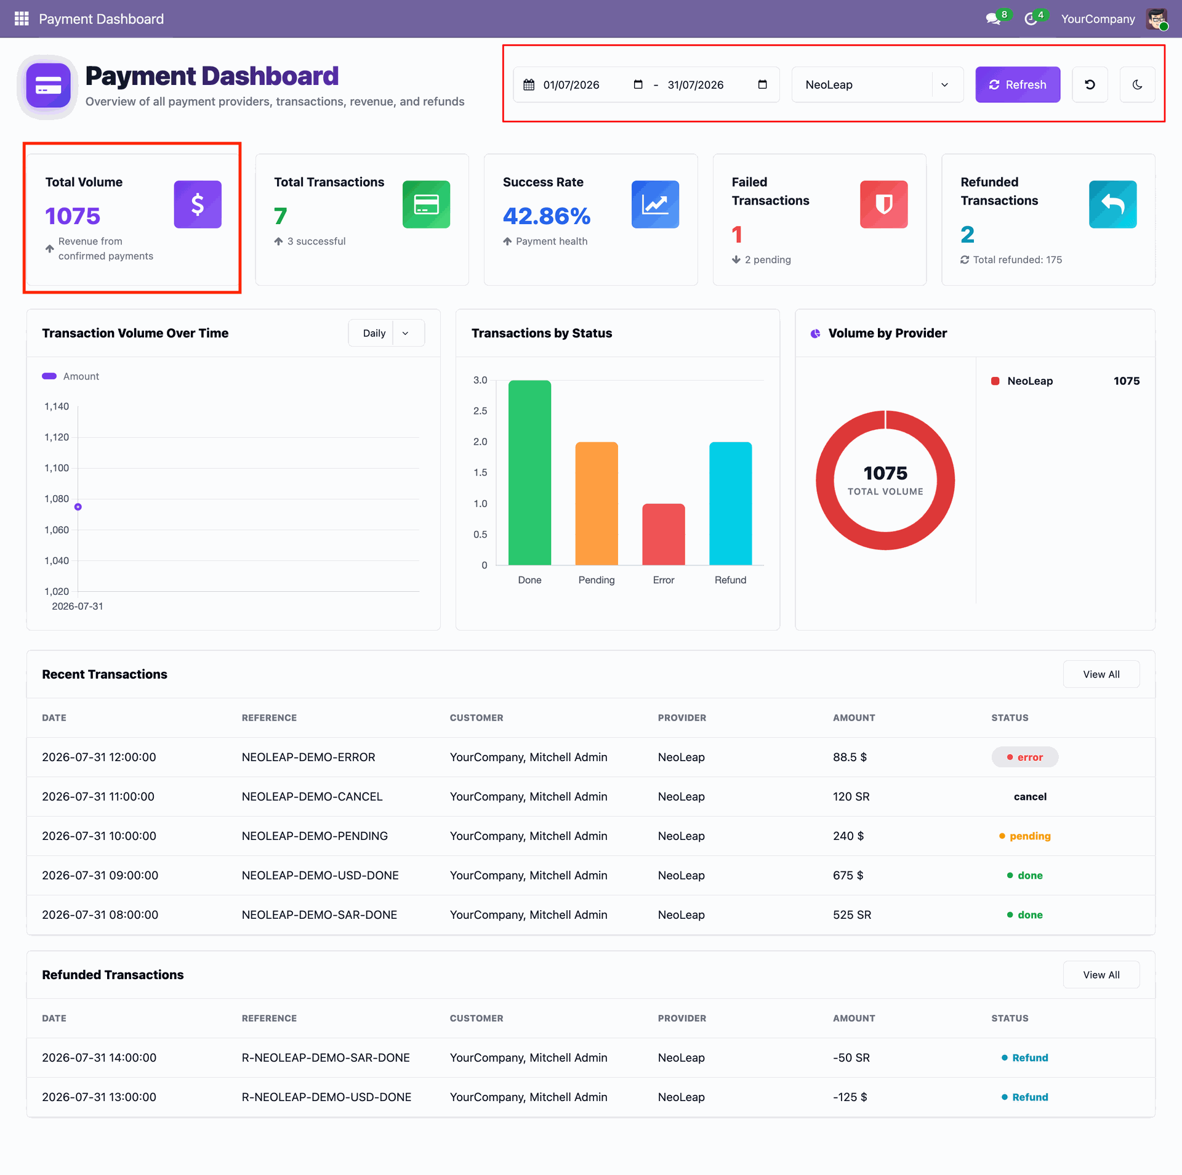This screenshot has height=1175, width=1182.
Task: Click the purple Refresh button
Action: click(1018, 84)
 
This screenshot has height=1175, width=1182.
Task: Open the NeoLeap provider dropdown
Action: click(877, 84)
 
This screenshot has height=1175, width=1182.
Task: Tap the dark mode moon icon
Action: click(1137, 84)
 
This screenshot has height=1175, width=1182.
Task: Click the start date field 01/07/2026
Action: click(571, 85)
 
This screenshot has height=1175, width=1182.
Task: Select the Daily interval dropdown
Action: click(386, 333)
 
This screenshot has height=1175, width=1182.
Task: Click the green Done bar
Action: click(529, 472)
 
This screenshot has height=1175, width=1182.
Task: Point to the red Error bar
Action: click(664, 534)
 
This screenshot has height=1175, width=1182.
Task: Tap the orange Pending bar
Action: click(597, 503)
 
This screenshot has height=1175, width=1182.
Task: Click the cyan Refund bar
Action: click(731, 503)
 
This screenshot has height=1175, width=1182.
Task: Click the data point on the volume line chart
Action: click(78, 507)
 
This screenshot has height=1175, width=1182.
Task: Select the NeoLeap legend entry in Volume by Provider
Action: click(1030, 381)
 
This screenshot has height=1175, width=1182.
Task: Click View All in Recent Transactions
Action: click(1101, 674)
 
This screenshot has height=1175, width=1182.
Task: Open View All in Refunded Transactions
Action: click(1101, 975)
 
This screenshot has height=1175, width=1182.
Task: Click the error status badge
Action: click(1025, 757)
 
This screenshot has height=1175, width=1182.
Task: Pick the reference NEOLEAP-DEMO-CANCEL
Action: click(312, 796)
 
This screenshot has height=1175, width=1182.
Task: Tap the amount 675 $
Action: click(848, 875)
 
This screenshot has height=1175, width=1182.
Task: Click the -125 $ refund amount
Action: click(850, 1097)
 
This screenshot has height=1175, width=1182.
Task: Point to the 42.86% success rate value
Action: click(547, 216)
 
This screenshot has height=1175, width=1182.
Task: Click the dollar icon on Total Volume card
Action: click(198, 204)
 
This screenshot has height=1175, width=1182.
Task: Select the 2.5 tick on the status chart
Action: click(480, 411)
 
